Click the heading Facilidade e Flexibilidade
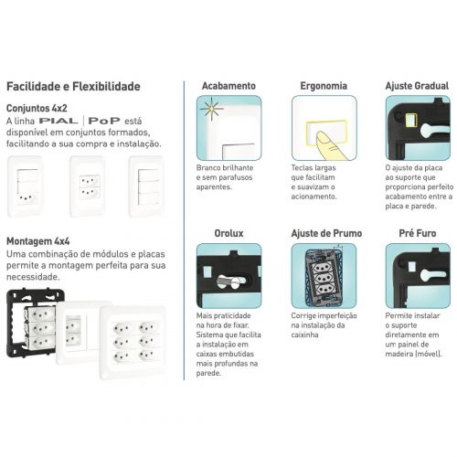click(73, 87)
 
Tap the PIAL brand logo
click(58, 121)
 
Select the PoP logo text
click(104, 121)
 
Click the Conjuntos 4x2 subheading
click(37, 108)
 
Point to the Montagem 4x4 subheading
click(38, 241)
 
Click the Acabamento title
click(228, 86)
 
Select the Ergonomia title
click(324, 86)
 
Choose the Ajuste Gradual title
click(417, 86)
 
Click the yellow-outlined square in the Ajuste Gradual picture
click(410, 119)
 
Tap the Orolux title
click(228, 233)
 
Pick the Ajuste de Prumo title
click(326, 233)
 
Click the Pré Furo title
click(418, 233)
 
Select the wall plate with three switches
click(146, 186)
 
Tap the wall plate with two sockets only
click(88, 186)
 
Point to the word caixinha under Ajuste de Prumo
click(304, 335)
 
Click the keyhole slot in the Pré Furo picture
click(432, 275)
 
